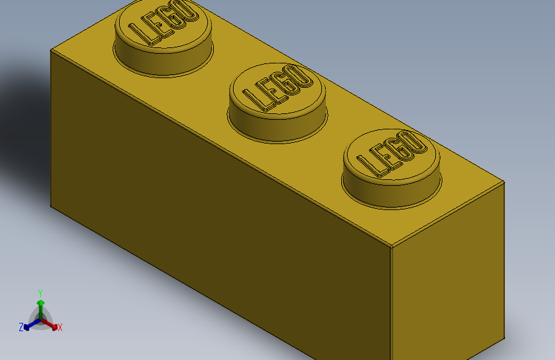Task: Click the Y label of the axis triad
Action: [40, 291]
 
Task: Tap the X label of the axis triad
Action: [60, 327]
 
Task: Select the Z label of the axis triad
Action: [21, 327]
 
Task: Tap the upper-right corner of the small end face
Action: [504, 183]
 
